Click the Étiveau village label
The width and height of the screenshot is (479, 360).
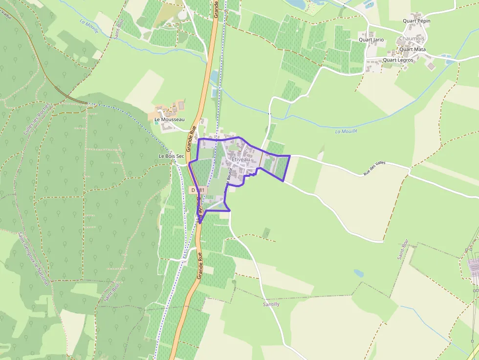(238, 159)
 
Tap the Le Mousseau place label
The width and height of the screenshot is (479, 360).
(169, 119)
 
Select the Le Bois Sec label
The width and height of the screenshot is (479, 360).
(171, 156)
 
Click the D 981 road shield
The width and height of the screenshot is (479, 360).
(199, 190)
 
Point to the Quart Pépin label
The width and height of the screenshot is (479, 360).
(416, 21)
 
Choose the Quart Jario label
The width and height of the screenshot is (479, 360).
(371, 40)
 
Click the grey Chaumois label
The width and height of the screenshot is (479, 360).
(412, 39)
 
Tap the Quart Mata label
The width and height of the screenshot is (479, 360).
(412, 49)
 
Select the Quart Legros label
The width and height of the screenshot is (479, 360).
(398, 60)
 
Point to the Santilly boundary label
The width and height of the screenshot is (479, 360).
(271, 304)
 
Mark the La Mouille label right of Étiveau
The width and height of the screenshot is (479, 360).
(346, 131)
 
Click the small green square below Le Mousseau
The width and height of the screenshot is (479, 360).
(156, 122)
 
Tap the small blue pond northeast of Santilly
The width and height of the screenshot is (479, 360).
(359, 274)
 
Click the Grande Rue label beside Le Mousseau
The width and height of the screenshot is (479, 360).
(191, 138)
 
